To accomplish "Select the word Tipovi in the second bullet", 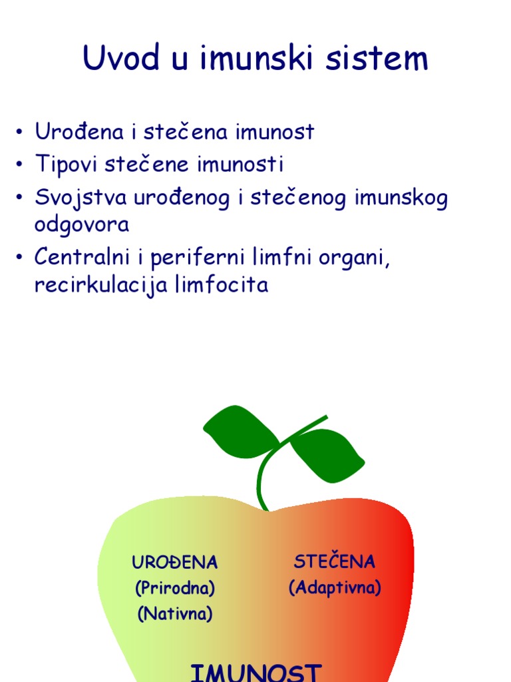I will [x=66, y=165].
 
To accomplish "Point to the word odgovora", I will [x=81, y=224].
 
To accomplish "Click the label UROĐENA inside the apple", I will [x=175, y=562].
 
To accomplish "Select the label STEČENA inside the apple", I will [x=335, y=561].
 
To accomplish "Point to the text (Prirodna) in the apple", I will [x=175, y=589].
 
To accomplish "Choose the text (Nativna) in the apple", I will [x=175, y=614].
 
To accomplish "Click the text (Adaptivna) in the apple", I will [x=335, y=588].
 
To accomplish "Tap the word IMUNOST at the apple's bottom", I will [x=256, y=671].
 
